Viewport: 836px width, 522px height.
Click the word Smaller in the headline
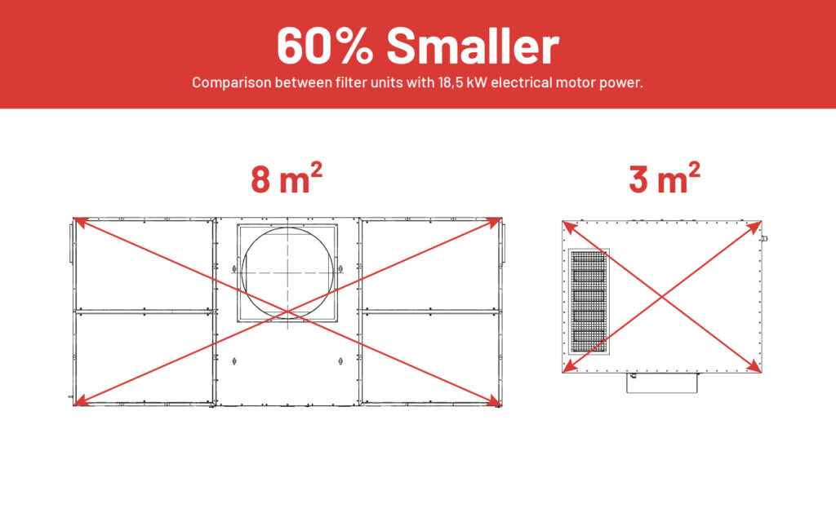tap(473, 46)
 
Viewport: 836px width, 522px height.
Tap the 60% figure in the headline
tap(325, 46)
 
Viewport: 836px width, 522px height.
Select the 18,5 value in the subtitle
tap(451, 82)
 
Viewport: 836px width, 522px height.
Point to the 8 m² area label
tap(287, 179)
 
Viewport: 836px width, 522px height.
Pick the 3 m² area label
tap(665, 179)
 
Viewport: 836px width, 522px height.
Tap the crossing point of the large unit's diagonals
tap(287, 311)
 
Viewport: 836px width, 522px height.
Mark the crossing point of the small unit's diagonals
tap(661, 297)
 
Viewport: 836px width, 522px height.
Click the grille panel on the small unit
tap(589, 302)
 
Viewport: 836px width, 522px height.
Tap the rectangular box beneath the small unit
tap(661, 383)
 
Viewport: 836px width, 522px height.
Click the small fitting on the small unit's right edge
tap(764, 239)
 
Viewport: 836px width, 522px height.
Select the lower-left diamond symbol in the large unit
tap(234, 361)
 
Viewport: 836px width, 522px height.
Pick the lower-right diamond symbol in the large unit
tap(340, 361)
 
